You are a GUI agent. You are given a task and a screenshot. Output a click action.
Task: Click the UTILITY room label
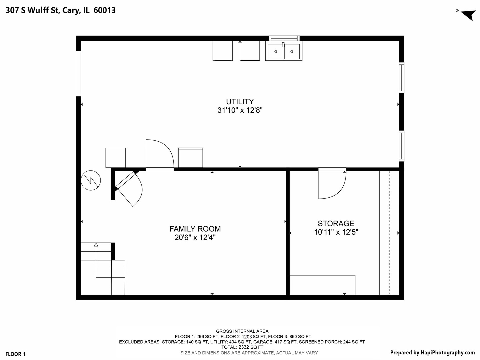click(x=240, y=102)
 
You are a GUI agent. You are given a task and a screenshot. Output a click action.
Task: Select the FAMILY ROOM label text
click(x=195, y=229)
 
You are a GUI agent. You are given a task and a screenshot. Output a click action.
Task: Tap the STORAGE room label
click(x=336, y=224)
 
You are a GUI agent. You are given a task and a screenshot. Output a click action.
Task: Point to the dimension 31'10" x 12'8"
click(x=240, y=110)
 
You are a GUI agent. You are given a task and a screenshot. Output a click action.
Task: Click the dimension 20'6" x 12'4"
click(x=195, y=238)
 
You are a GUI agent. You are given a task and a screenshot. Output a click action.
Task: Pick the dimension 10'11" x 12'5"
click(x=336, y=232)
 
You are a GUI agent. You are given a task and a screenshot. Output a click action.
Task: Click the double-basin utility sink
click(x=284, y=52)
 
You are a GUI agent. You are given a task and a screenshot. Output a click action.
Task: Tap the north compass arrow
click(x=468, y=15)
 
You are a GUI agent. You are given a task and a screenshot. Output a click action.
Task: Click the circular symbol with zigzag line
click(x=91, y=180)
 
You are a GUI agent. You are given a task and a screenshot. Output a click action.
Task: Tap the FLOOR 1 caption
click(x=15, y=354)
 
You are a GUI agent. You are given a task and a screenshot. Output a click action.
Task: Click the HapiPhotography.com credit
click(x=432, y=353)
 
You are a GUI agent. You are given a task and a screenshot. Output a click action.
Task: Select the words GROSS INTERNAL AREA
click(x=242, y=331)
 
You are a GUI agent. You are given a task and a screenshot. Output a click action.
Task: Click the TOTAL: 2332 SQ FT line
click(x=242, y=347)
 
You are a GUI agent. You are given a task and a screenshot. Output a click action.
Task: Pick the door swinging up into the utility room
click(x=159, y=154)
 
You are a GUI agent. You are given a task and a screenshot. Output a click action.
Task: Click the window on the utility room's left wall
click(x=78, y=73)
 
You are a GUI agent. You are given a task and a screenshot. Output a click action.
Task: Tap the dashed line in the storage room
click(x=389, y=233)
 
